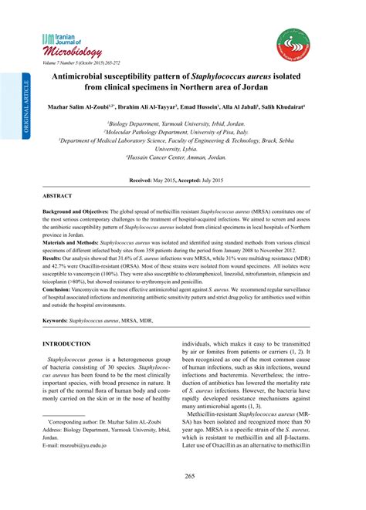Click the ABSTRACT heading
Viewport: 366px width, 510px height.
(x=59, y=197)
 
